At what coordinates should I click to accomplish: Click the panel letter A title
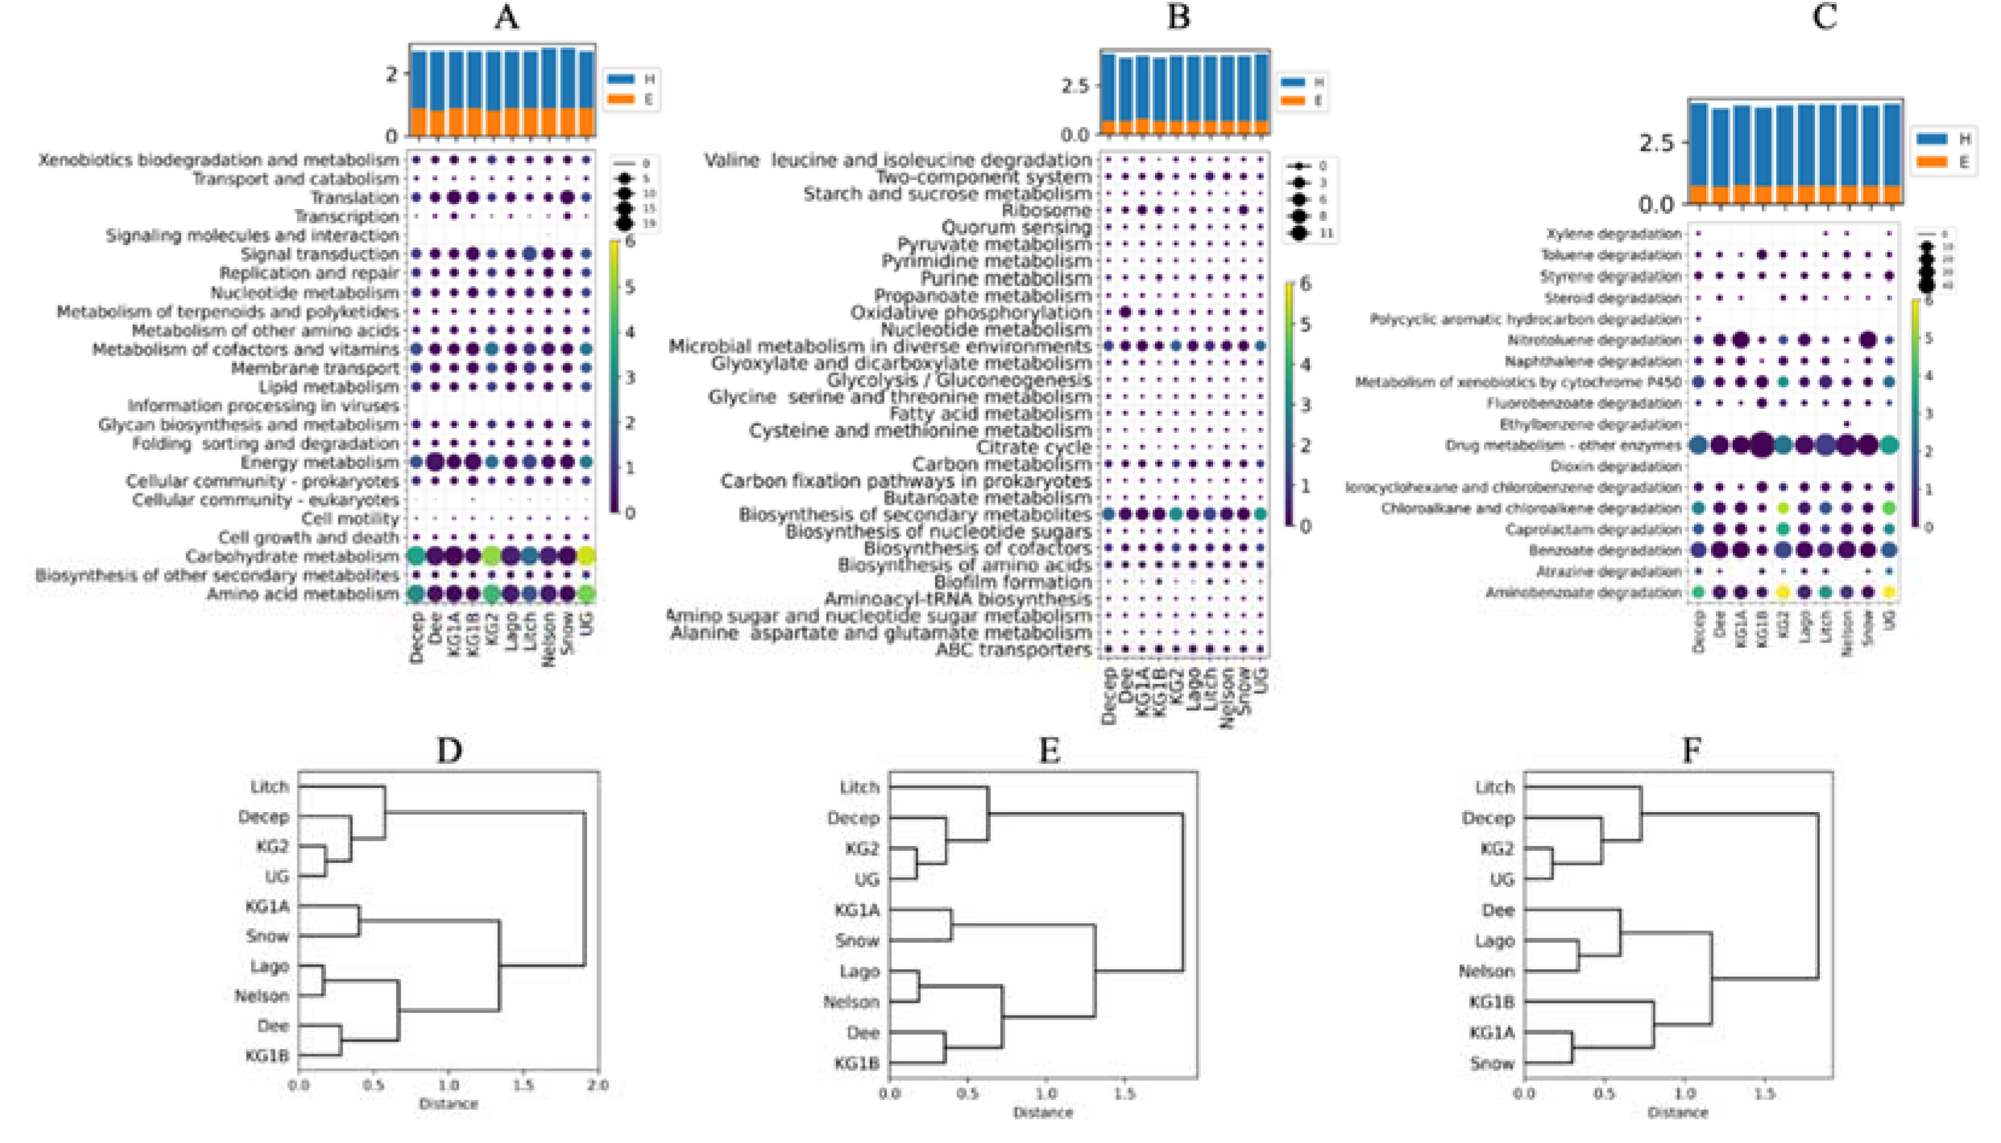pyautogui.click(x=506, y=18)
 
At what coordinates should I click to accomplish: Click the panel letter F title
pyautogui.click(x=1691, y=751)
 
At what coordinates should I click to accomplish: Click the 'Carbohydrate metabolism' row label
pyautogui.click(x=292, y=557)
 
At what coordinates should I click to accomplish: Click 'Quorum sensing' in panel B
pyautogui.click(x=1016, y=228)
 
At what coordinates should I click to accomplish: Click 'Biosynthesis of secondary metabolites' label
pyautogui.click(x=915, y=515)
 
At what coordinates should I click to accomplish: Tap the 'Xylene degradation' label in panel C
pyautogui.click(x=1613, y=234)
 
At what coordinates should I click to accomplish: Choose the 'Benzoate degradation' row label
pyautogui.click(x=1605, y=550)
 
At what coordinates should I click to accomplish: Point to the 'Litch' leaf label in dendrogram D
pyautogui.click(x=270, y=787)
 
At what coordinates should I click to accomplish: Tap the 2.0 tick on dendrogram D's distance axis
pyautogui.click(x=598, y=1086)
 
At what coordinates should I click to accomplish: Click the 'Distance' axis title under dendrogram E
pyautogui.click(x=1042, y=1112)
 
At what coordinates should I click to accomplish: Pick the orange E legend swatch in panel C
pyautogui.click(x=1932, y=162)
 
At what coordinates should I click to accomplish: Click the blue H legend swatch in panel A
pyautogui.click(x=620, y=79)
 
